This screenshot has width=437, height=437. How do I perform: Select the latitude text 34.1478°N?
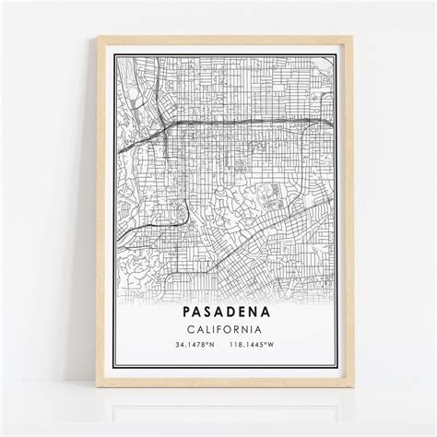[188, 346]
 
